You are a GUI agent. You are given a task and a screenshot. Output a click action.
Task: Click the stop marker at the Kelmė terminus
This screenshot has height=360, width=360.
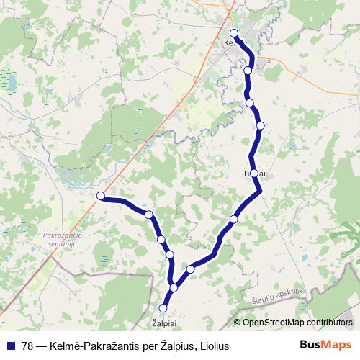click(x=234, y=33)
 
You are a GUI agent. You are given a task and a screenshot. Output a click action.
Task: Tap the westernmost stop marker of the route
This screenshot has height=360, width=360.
click(x=101, y=196)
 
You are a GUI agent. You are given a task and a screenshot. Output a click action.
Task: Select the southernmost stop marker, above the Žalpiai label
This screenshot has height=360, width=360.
click(x=163, y=308)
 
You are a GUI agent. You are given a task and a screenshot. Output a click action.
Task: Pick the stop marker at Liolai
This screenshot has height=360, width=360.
click(x=253, y=173)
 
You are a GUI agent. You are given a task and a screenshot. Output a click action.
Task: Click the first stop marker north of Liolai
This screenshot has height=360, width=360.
click(x=261, y=125)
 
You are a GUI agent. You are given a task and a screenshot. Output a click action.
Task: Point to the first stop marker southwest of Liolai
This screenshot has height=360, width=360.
click(x=233, y=219)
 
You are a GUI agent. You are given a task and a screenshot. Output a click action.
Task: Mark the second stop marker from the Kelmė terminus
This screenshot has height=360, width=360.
click(x=248, y=71)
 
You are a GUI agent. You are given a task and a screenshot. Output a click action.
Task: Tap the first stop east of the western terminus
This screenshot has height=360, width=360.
click(x=148, y=215)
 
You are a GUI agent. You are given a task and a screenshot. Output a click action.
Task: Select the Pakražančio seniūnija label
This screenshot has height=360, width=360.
click(x=65, y=240)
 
